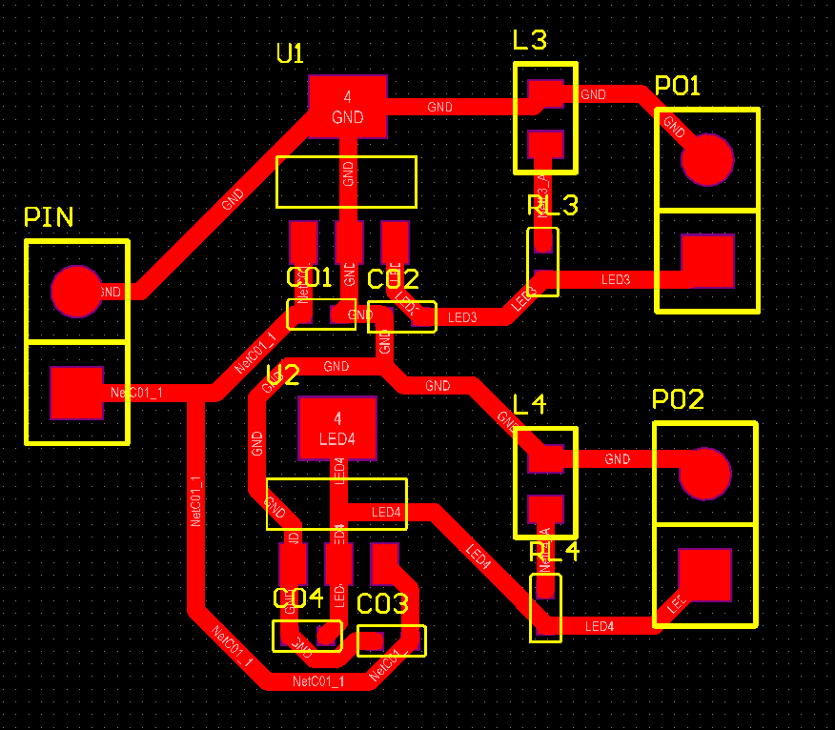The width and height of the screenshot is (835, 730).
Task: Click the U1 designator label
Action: pos(290,53)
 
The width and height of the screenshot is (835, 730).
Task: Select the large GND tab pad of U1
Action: pos(348,106)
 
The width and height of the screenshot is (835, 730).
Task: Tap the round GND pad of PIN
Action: pos(76,292)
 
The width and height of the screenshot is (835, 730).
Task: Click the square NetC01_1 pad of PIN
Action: pos(76,393)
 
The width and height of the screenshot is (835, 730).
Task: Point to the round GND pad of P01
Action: pos(707,159)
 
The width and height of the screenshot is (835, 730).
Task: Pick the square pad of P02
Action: pos(704,575)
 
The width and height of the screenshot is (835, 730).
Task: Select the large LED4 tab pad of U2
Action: pos(337,428)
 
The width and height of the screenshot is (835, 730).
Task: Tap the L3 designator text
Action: pos(530,41)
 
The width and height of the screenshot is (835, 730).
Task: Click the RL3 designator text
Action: pos(552,206)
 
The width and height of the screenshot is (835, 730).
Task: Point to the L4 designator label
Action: pos(530,405)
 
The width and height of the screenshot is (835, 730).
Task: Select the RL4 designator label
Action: pos(554,552)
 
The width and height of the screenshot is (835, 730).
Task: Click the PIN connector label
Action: pos(49,217)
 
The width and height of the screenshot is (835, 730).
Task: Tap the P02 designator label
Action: pos(678,400)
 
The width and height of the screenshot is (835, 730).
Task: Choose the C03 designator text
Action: pos(382,603)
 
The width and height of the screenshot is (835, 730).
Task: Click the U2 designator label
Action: pos(282,375)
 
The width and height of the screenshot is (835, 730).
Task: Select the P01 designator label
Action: pos(678,87)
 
